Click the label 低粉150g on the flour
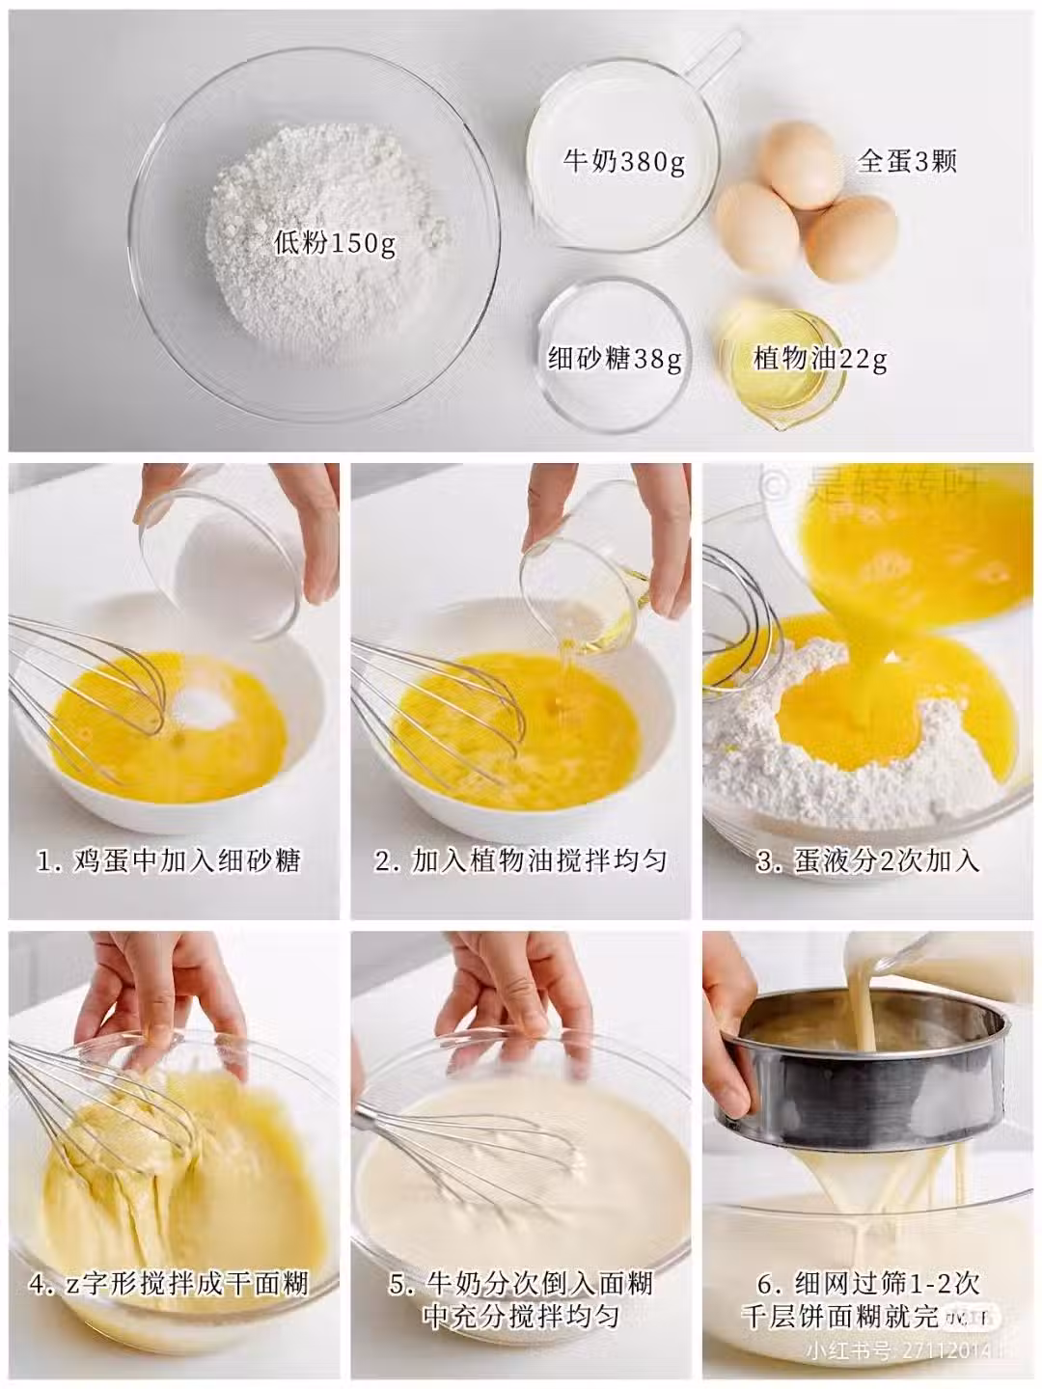[x=335, y=244]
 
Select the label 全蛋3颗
[x=906, y=161]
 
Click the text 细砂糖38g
[x=615, y=361]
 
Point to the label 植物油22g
[x=820, y=361]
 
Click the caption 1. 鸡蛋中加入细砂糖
[x=169, y=860]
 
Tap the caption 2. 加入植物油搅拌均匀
[x=520, y=860]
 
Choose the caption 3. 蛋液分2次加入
[x=868, y=860]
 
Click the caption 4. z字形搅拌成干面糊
[x=169, y=1284]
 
